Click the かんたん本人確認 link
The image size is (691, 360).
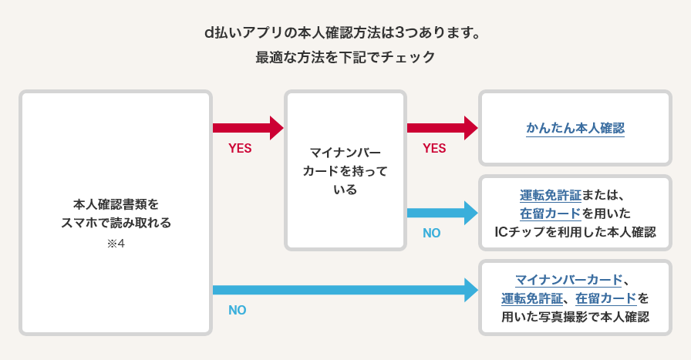pyautogui.click(x=575, y=128)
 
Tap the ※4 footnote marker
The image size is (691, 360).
pyautogui.click(x=116, y=245)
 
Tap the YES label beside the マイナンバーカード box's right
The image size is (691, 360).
pyautogui.click(x=435, y=149)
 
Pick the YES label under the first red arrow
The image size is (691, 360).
pyautogui.click(x=241, y=149)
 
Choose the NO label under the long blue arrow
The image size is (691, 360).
pyautogui.click(x=238, y=311)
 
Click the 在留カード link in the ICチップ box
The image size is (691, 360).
pyautogui.click(x=550, y=214)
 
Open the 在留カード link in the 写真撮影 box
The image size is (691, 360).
pyautogui.click(x=606, y=298)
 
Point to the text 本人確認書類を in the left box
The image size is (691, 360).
pyautogui.click(x=116, y=205)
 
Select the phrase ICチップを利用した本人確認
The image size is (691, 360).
pyautogui.click(x=575, y=232)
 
